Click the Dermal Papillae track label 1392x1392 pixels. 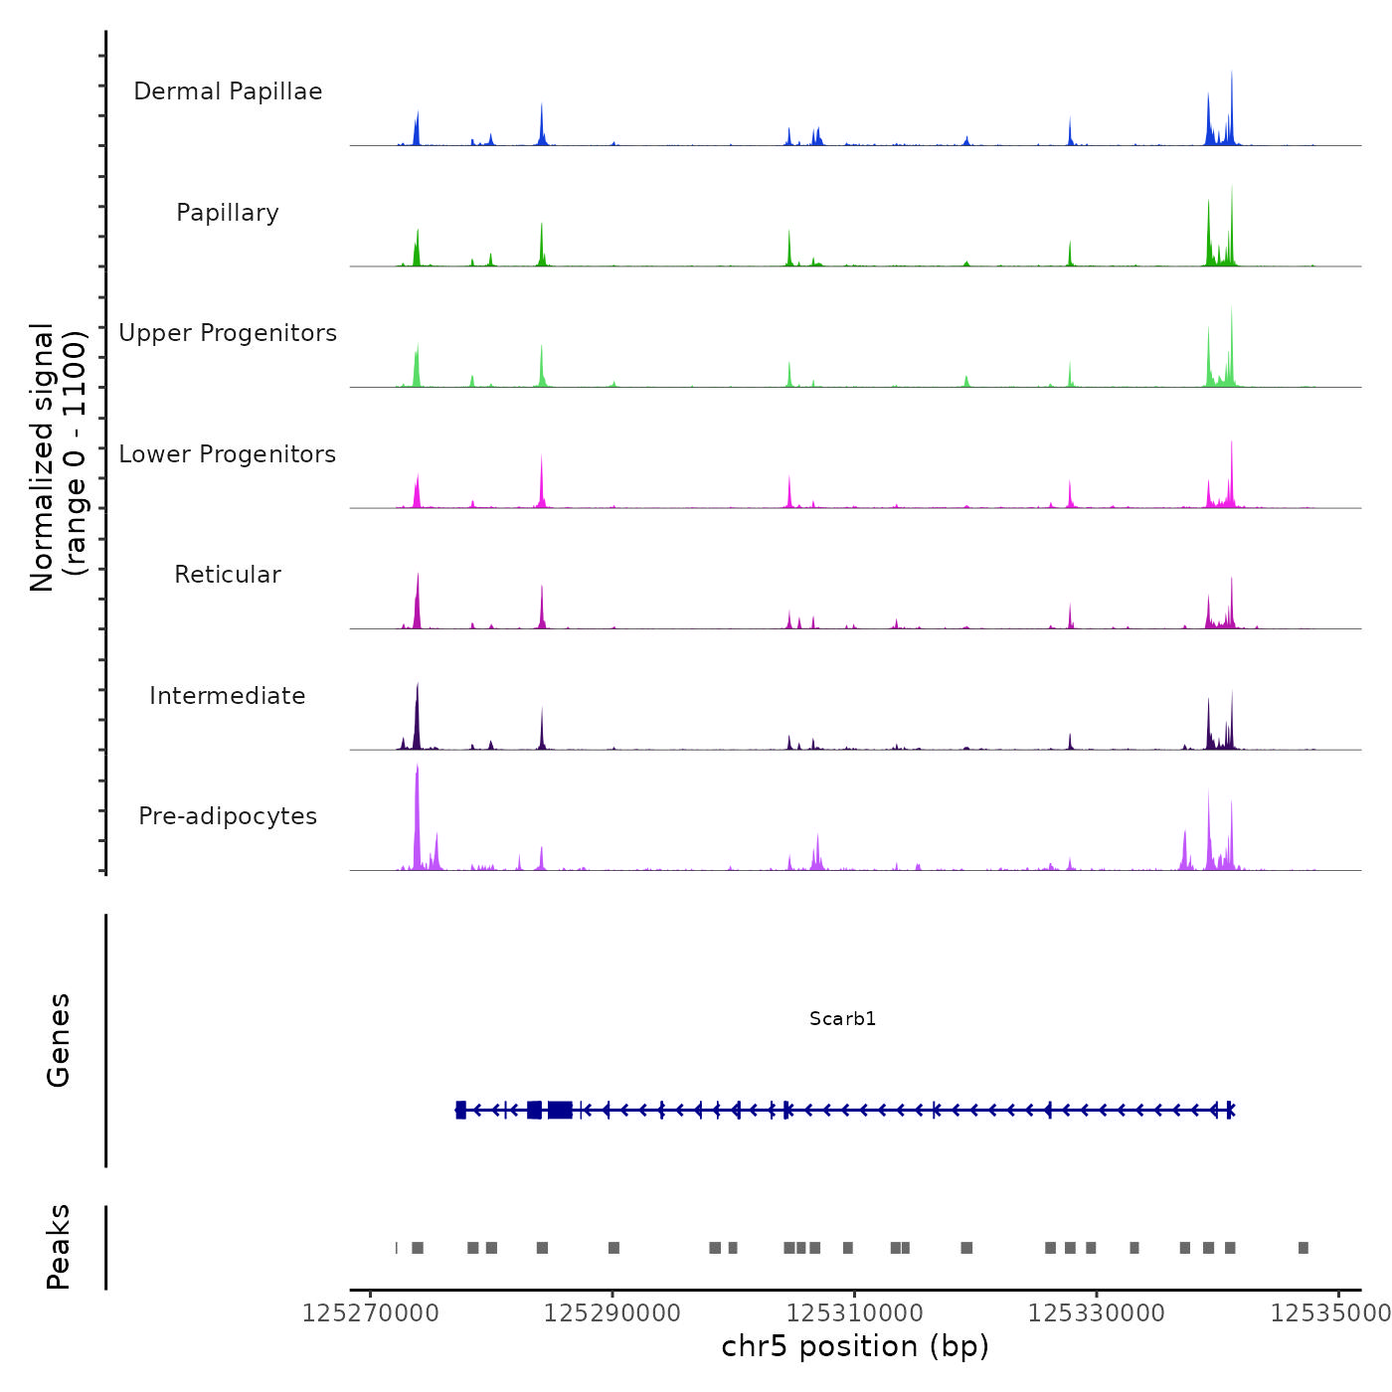[x=228, y=91]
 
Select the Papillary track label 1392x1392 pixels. [x=228, y=213]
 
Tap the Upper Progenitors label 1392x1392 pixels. [x=228, y=333]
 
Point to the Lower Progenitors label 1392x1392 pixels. [x=228, y=454]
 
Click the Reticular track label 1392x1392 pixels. [x=228, y=575]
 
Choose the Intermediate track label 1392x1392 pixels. [x=228, y=696]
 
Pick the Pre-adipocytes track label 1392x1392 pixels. [x=228, y=816]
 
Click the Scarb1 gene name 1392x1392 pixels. [x=842, y=1018]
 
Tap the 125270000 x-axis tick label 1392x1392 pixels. [x=370, y=1313]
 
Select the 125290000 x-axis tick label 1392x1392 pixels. [x=612, y=1313]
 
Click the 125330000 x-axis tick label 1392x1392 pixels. [x=1097, y=1313]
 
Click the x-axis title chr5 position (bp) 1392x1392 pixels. [x=855, y=1346]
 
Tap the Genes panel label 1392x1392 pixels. [x=59, y=1040]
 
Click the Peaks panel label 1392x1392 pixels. [x=59, y=1247]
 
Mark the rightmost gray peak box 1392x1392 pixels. [x=1304, y=1248]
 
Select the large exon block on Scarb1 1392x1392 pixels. [x=560, y=1110]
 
